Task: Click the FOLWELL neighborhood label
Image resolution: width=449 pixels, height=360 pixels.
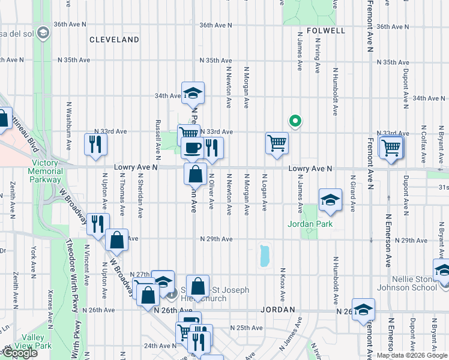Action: coord(325,30)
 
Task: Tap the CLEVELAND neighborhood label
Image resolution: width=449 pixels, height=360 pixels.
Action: coord(114,40)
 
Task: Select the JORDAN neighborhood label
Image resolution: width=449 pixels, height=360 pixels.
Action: coord(278,310)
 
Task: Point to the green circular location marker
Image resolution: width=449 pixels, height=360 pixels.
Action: coord(295,121)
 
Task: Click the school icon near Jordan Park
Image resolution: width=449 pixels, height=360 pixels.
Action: coord(329,200)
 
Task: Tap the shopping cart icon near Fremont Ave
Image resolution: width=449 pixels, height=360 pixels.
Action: coord(391,146)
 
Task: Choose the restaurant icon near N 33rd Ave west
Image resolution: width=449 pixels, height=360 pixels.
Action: coord(95,144)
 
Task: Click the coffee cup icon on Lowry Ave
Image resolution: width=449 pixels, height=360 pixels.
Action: coord(192,148)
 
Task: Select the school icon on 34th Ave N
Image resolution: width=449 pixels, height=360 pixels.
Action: coord(193,93)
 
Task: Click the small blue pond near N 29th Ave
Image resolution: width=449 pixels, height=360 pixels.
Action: coord(264,256)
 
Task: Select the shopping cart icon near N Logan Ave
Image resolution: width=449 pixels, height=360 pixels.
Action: coord(276,143)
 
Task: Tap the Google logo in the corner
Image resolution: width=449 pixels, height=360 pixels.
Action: coord(19,353)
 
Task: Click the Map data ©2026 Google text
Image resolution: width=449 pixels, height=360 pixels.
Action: coord(412,355)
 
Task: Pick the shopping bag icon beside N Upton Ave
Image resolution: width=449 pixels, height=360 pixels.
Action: coord(117,240)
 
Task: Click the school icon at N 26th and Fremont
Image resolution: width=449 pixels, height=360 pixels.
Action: coord(363,310)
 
